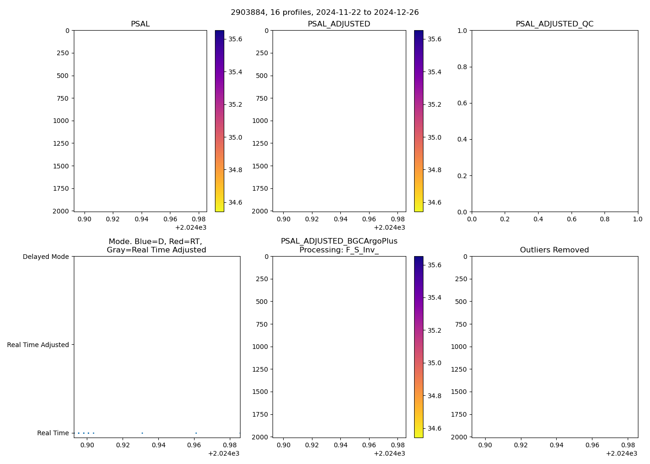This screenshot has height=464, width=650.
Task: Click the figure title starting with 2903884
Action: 325,13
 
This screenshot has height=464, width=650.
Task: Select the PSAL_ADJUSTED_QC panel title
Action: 554,24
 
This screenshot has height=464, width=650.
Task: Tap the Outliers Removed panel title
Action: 554,250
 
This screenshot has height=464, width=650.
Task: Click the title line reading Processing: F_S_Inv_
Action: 339,250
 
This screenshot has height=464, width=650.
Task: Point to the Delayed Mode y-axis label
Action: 45,257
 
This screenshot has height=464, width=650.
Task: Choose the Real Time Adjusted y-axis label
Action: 38,345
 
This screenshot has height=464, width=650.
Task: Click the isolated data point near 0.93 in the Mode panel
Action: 142,433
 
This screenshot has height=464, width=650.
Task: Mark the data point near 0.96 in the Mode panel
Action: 196,433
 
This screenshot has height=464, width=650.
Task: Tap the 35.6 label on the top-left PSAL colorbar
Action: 235,39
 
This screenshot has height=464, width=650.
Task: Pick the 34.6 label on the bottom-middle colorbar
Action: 434,428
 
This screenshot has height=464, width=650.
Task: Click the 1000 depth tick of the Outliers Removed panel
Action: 459,347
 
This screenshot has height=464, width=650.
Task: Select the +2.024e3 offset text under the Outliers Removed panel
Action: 621,453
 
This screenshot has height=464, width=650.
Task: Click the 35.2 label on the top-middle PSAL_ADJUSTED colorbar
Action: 434,104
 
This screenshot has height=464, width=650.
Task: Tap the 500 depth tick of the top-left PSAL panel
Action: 62,76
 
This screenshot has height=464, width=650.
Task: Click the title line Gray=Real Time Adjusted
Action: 156,250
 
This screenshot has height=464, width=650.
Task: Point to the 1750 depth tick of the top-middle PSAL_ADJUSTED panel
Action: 260,188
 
